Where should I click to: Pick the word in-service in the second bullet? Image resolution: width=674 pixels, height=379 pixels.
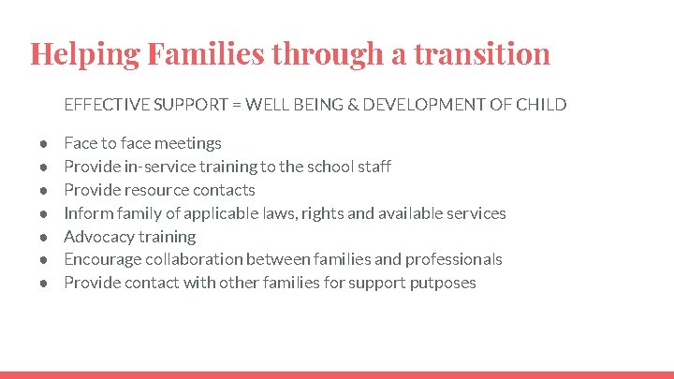tap(156, 167)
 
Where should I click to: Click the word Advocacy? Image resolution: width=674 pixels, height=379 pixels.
tap(98, 237)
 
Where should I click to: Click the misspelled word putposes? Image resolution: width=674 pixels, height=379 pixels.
tap(443, 283)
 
